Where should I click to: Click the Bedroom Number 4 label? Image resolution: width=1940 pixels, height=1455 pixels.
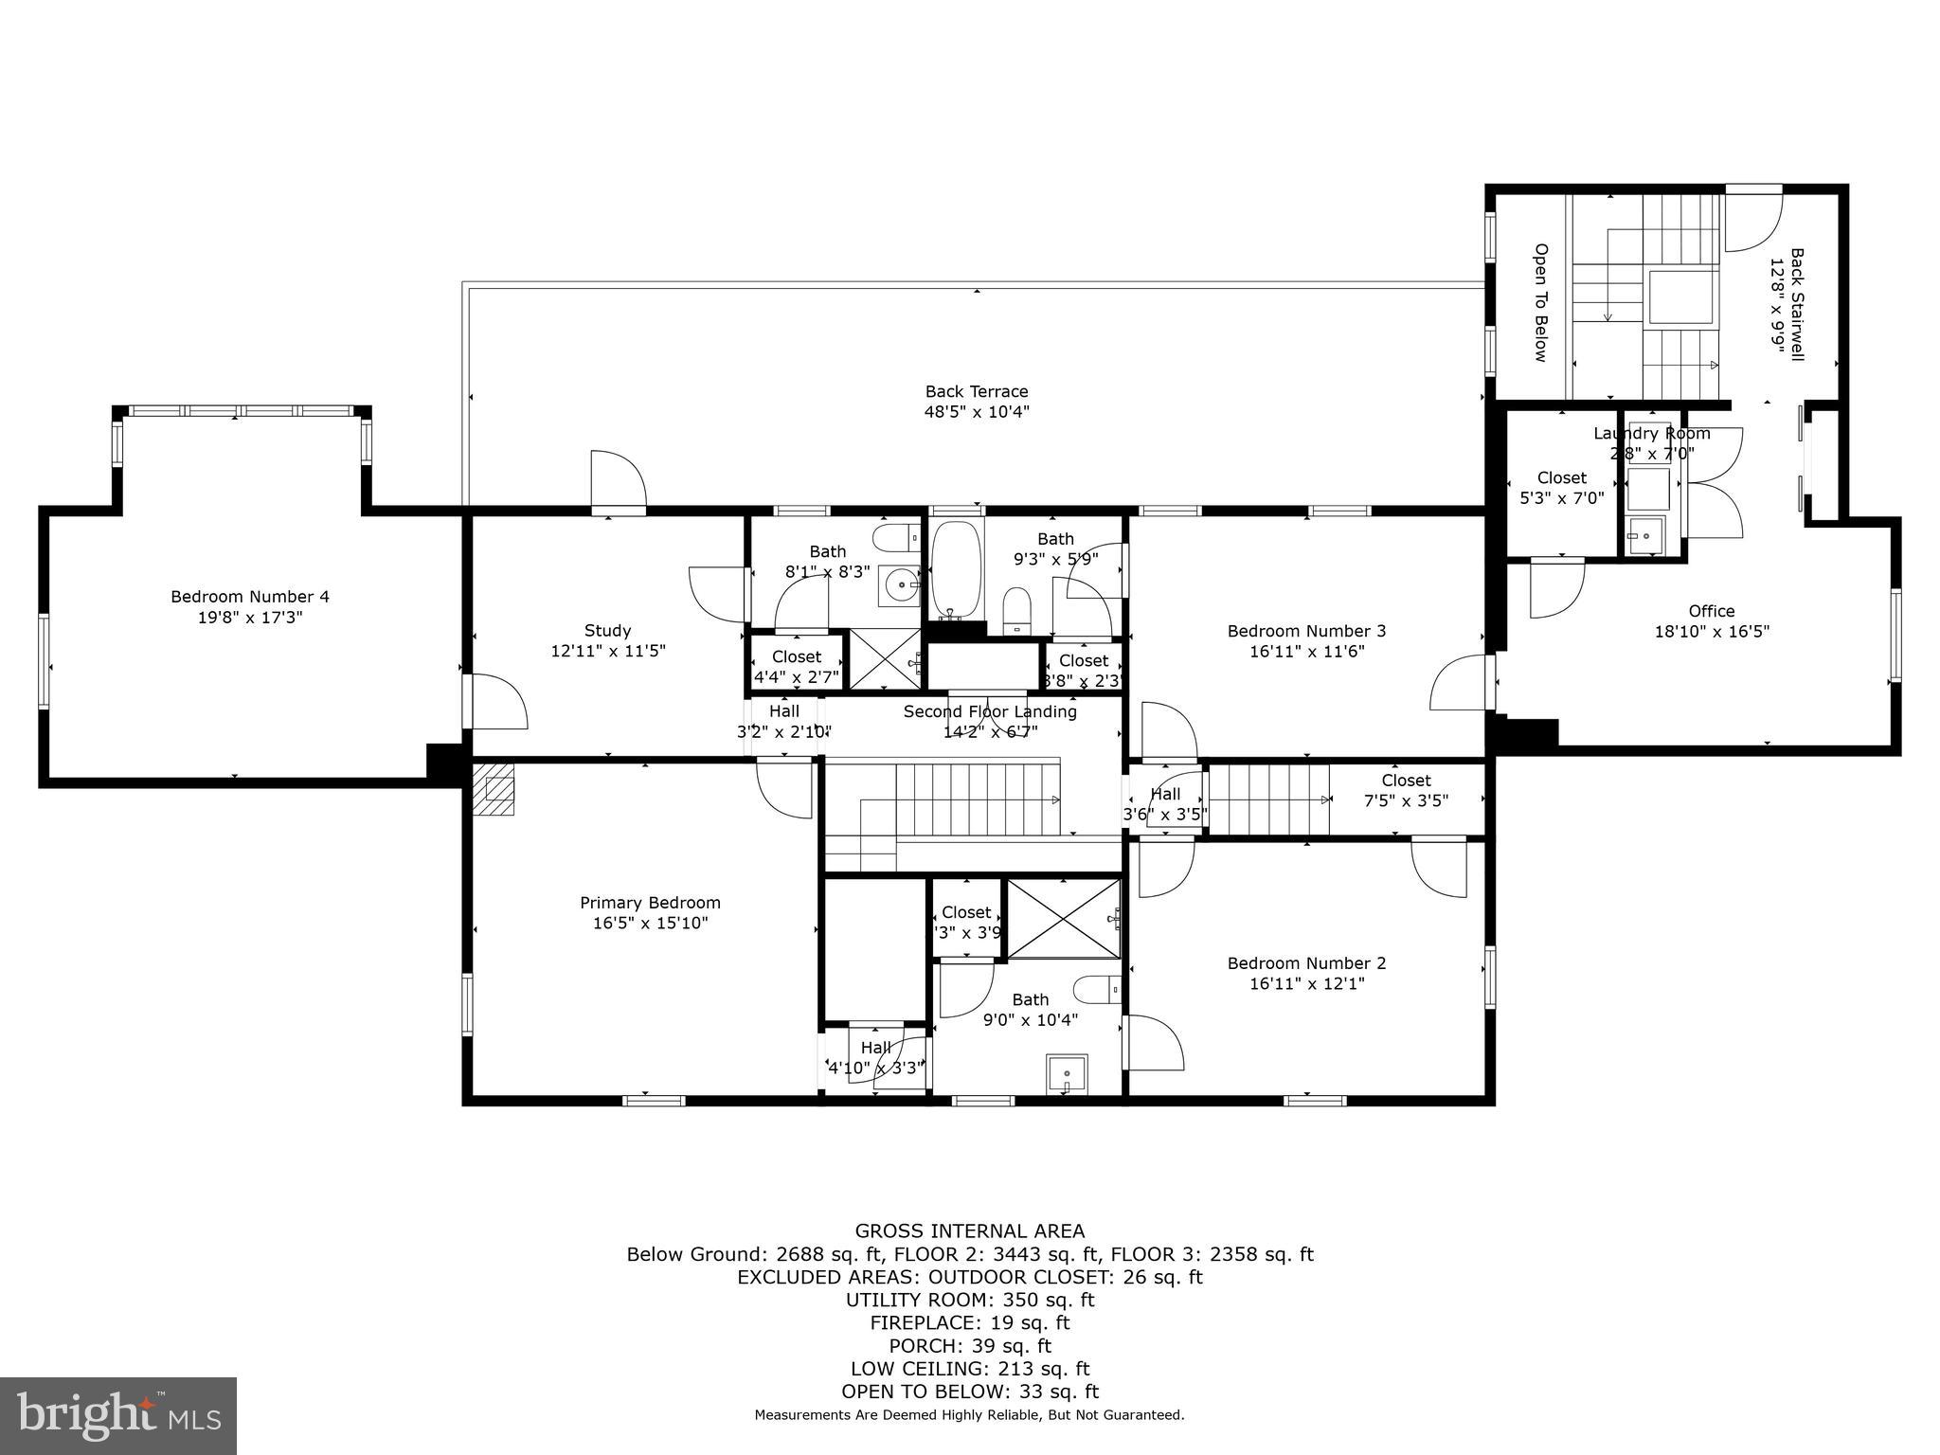tap(250, 597)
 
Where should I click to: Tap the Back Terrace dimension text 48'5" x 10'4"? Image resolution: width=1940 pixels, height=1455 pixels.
tap(976, 412)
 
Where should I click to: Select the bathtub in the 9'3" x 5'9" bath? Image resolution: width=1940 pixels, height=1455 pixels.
tap(958, 571)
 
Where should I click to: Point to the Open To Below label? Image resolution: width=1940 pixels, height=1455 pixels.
tap(1540, 302)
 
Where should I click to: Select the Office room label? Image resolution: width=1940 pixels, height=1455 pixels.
tap(1711, 611)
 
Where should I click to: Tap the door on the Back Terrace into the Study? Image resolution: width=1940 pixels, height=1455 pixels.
tap(618, 481)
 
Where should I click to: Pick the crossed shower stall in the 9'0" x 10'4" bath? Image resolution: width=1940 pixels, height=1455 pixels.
tap(1063, 919)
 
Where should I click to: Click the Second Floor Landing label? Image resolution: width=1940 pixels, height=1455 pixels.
tap(990, 711)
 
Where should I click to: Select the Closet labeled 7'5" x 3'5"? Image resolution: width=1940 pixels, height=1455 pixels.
tap(1406, 790)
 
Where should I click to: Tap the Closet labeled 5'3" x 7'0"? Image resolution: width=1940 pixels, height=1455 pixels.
tap(1561, 488)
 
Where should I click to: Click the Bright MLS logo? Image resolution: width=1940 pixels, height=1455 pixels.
tap(118, 1415)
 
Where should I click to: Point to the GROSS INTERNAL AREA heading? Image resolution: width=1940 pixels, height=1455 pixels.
tap(969, 1231)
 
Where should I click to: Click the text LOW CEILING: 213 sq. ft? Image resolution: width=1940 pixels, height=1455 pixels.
tap(969, 1369)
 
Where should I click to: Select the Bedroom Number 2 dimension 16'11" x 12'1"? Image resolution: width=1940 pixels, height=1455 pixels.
tap(1306, 984)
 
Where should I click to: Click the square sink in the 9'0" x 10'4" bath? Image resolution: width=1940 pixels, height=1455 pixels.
tap(1067, 1074)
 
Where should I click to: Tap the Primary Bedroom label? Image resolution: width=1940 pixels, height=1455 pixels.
tap(650, 903)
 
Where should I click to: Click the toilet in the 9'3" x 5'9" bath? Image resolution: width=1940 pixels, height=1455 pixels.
tap(1016, 609)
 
